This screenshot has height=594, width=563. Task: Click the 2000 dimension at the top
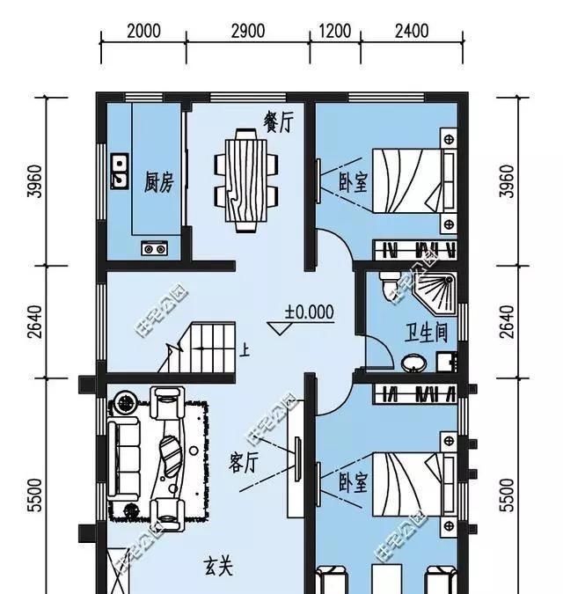[143, 31]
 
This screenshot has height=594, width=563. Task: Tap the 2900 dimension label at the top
[248, 31]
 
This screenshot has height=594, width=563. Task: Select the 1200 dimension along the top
[335, 31]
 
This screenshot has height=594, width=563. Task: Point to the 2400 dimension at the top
[411, 31]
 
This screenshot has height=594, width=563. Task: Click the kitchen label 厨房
[158, 183]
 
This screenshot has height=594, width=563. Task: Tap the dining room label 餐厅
[278, 122]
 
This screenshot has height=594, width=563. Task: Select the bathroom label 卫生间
[426, 333]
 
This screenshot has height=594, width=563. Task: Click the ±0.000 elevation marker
[309, 312]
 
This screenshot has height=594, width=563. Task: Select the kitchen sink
[119, 172]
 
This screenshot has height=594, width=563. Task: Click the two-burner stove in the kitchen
[154, 248]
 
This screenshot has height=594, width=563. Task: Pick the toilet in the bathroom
[390, 284]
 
